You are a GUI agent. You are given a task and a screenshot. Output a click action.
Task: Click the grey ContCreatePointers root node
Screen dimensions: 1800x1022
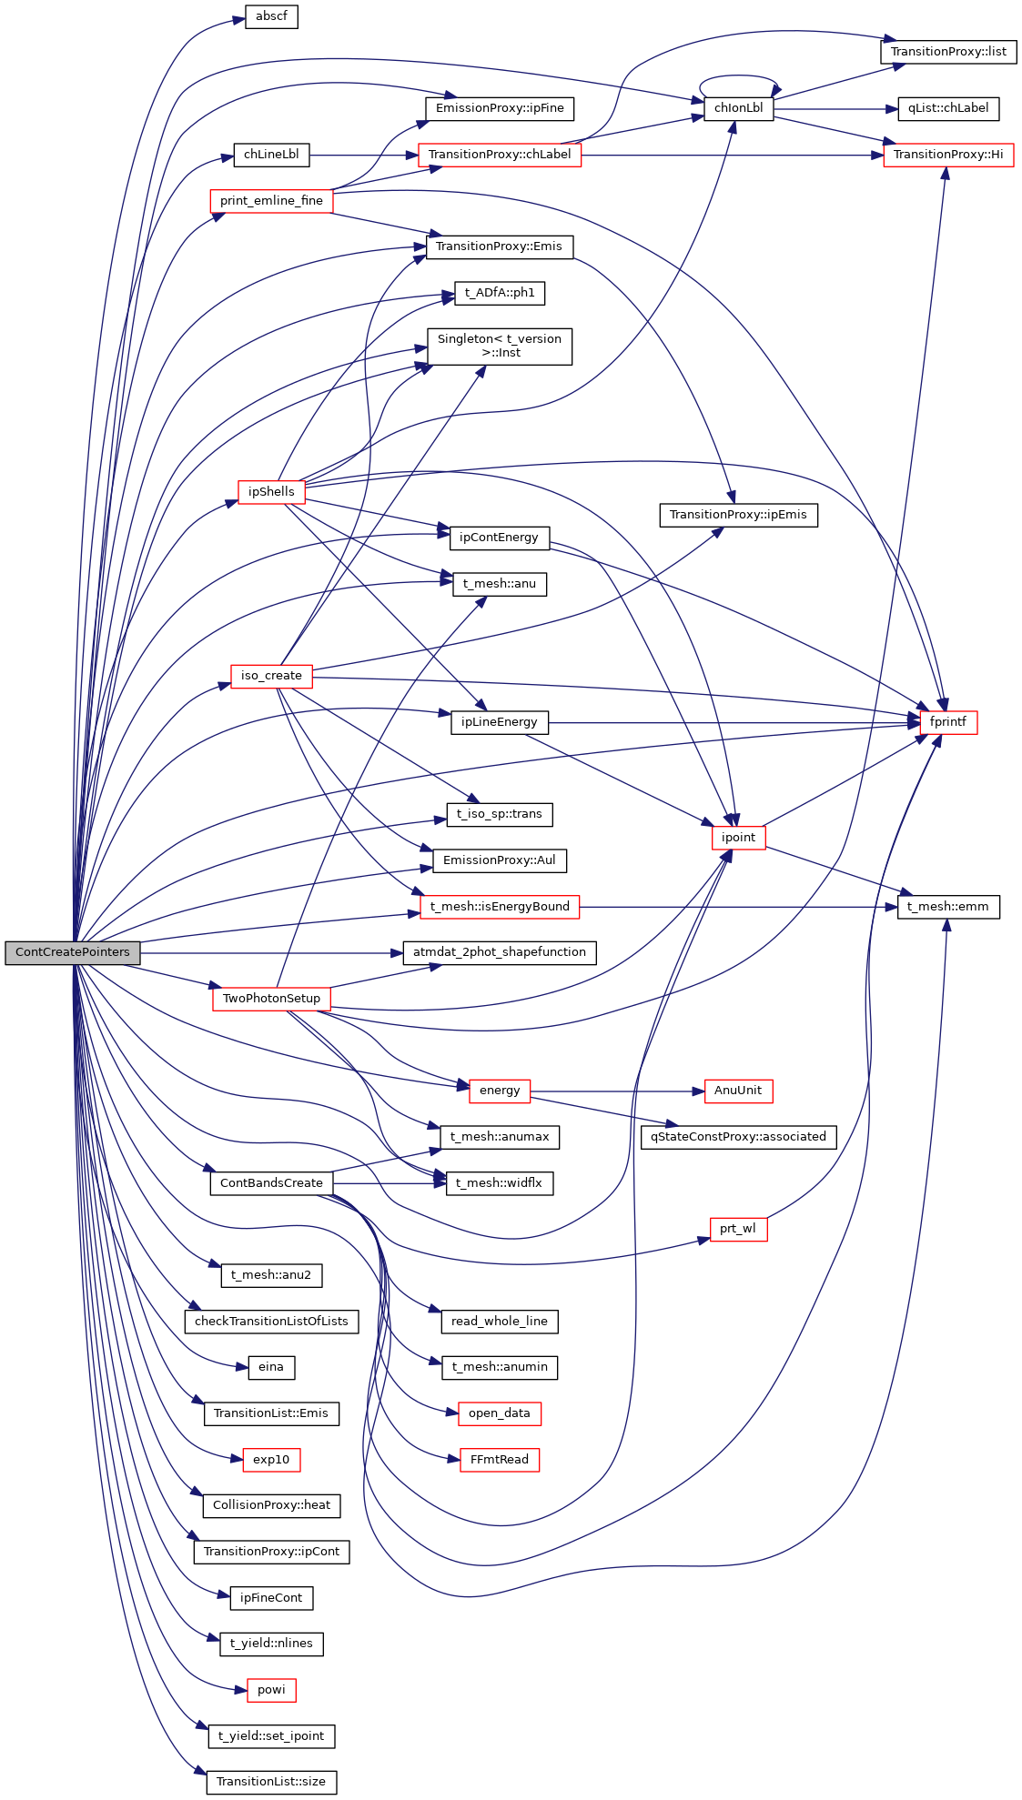(x=73, y=952)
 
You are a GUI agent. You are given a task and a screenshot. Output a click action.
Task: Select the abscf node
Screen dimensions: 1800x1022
(x=271, y=16)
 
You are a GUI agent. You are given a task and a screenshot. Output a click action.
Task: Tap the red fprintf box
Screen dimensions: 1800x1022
(x=948, y=722)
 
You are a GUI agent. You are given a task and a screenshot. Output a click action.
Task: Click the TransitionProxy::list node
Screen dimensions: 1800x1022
(x=948, y=52)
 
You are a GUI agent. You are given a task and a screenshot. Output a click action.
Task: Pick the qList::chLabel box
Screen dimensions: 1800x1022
(x=948, y=108)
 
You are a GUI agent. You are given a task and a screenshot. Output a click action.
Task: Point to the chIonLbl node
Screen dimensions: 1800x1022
(x=738, y=108)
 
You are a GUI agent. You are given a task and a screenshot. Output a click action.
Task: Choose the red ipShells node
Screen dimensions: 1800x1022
(x=271, y=492)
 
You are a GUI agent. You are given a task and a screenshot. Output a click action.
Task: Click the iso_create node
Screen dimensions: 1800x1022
(x=271, y=676)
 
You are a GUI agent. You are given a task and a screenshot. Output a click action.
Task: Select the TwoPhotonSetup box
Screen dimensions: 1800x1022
(x=271, y=999)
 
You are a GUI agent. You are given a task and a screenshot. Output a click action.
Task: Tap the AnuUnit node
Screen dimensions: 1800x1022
(x=738, y=1091)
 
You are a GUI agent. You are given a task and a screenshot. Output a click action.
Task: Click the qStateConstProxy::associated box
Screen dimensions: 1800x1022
(x=738, y=1137)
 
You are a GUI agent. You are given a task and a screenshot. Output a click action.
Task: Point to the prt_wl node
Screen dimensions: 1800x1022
(x=738, y=1229)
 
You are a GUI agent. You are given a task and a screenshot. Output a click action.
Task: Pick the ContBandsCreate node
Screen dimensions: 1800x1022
(x=271, y=1183)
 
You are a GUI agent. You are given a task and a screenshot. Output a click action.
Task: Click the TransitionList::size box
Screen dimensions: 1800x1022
(x=271, y=1782)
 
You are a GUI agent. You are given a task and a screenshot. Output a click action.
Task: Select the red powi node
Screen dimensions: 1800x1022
(x=271, y=1690)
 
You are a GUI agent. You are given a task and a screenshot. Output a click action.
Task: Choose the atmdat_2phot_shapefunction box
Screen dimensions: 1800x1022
(x=500, y=952)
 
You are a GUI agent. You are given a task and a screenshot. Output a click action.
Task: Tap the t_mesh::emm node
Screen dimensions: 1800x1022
(x=948, y=907)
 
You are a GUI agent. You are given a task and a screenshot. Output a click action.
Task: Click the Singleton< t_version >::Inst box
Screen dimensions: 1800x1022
(x=500, y=346)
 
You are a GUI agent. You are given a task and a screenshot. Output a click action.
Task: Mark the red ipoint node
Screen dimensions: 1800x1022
(x=738, y=838)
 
